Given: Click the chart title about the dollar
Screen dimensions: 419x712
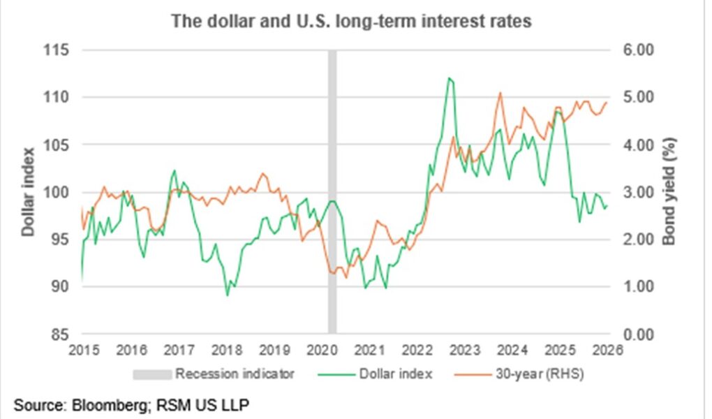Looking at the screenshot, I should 352,22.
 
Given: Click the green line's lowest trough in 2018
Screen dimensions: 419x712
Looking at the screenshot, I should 228,295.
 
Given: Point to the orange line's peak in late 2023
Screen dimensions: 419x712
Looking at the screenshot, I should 499,93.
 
